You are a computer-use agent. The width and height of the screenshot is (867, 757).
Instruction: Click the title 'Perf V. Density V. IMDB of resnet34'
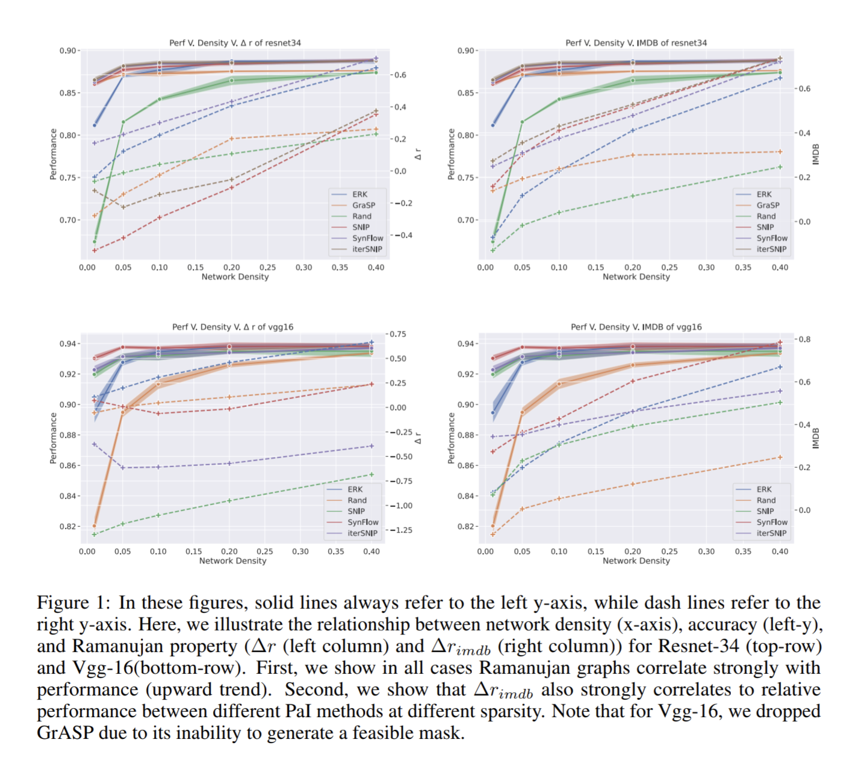coord(636,43)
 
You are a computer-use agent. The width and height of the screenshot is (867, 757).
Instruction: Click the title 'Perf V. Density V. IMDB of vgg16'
coord(636,327)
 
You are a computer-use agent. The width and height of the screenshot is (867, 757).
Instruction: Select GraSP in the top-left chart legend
coord(363,205)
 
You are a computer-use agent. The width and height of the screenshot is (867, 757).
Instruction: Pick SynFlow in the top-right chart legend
coord(771,238)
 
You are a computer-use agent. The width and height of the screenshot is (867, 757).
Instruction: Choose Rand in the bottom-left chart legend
coord(356,500)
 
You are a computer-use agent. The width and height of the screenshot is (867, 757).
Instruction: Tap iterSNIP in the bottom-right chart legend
coord(771,533)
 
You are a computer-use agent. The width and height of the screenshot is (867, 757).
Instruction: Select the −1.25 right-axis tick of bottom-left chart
coord(401,530)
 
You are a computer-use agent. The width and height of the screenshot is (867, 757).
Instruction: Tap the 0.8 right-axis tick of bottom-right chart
coord(804,339)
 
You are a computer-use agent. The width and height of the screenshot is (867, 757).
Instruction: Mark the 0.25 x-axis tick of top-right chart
coord(669,267)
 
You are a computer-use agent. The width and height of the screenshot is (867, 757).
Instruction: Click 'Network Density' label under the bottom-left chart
coord(232,561)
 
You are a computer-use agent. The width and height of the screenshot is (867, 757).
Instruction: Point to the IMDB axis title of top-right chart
coord(816,154)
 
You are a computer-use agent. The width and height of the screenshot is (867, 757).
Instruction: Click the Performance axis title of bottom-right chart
coord(451,438)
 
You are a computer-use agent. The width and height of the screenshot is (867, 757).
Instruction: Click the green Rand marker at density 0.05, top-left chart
coord(123,122)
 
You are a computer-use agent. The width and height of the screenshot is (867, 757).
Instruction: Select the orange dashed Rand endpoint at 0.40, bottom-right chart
coord(780,457)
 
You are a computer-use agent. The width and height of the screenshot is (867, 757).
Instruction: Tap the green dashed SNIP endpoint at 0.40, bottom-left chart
coord(371,474)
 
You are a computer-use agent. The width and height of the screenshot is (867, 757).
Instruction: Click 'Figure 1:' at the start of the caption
coord(73,603)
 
